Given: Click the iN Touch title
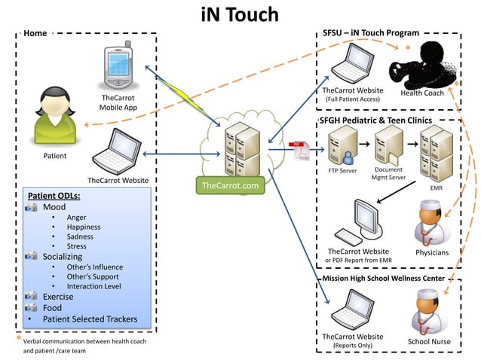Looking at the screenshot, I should pos(240,14).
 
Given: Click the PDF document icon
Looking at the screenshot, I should pos(299,151).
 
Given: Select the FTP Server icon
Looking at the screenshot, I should pos(342,145).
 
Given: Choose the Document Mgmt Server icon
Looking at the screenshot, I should pos(388,145).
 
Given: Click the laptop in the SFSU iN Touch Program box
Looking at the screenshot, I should pos(351,66).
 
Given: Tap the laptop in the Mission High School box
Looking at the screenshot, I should pos(352,309).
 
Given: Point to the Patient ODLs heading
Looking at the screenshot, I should pos(54,196).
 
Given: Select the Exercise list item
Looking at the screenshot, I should pos(58,296).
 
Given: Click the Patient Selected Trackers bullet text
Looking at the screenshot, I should pos(90,319).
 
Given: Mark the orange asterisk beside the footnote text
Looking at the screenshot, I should pos(18,340).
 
